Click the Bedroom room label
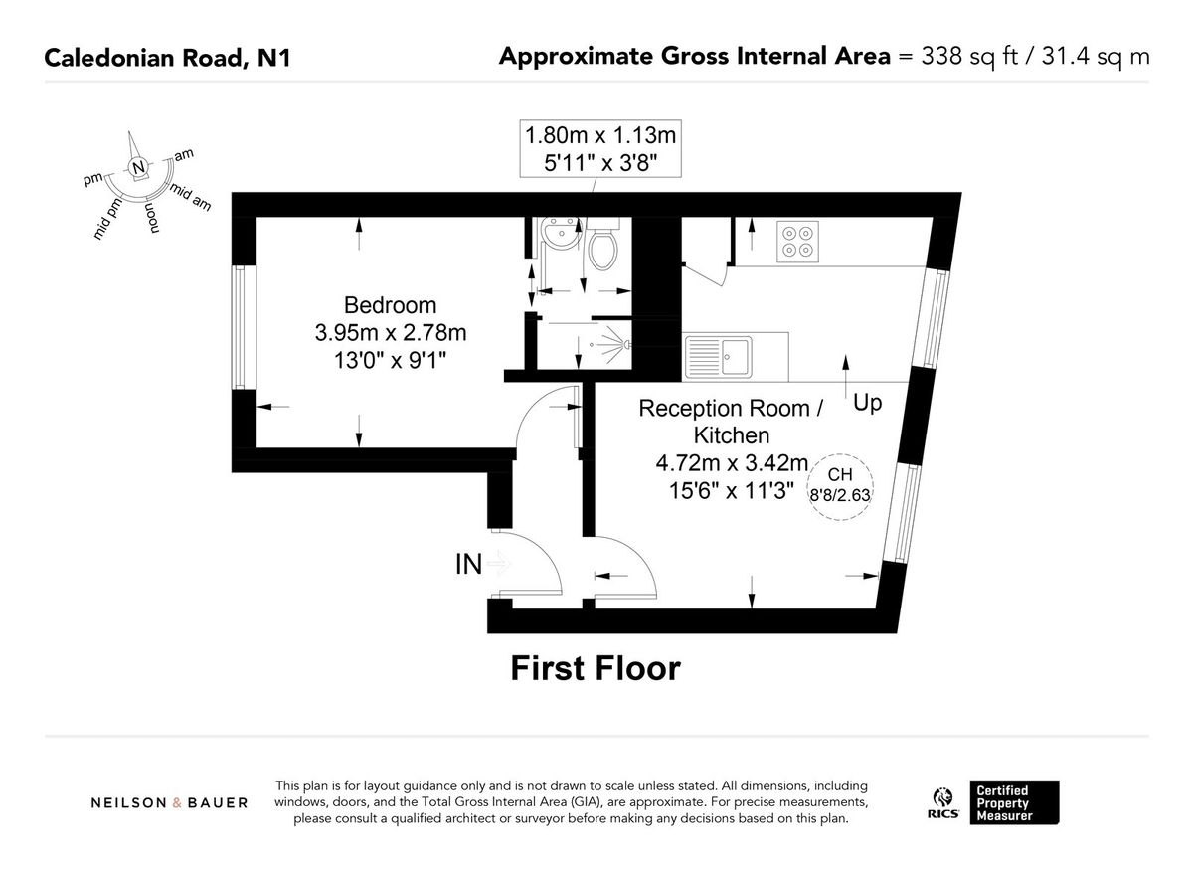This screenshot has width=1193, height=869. click(x=390, y=305)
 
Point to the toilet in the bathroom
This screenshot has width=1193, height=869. click(x=602, y=248)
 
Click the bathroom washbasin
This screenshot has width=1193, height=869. click(x=553, y=239)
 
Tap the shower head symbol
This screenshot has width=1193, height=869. click(x=614, y=344)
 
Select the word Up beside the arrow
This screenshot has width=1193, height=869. click(x=867, y=404)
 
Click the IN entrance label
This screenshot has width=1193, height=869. click(x=468, y=565)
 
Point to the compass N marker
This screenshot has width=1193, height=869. click(x=138, y=165)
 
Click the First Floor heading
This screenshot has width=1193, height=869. click(x=596, y=668)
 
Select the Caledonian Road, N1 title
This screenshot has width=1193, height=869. click(x=167, y=57)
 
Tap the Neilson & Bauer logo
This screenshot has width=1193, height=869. click(x=170, y=802)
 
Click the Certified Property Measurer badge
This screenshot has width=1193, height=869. click(x=1014, y=801)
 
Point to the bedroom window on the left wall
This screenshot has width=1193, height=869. click(x=238, y=327)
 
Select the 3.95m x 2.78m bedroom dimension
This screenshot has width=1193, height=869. click(x=390, y=331)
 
